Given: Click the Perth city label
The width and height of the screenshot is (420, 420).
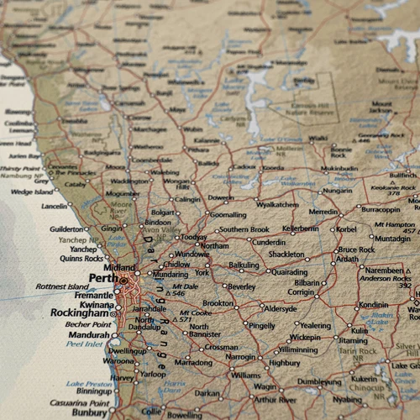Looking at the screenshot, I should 102,278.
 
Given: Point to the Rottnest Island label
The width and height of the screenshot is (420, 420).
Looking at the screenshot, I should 62,286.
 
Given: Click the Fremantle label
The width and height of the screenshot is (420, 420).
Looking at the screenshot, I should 92,297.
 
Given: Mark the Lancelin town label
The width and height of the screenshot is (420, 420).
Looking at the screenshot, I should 55,206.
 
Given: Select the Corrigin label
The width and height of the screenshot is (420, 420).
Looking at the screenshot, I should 301,292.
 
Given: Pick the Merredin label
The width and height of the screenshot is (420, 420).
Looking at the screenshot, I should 324,212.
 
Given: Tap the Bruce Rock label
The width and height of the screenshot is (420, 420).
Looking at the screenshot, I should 356,249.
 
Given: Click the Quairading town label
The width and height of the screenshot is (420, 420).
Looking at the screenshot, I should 289,271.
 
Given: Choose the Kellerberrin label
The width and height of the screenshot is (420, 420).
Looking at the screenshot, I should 300,228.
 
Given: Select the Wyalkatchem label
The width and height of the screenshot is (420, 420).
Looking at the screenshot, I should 277,204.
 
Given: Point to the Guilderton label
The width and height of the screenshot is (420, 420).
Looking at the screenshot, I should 66,228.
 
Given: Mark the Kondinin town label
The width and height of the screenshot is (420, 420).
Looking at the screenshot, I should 373,305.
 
